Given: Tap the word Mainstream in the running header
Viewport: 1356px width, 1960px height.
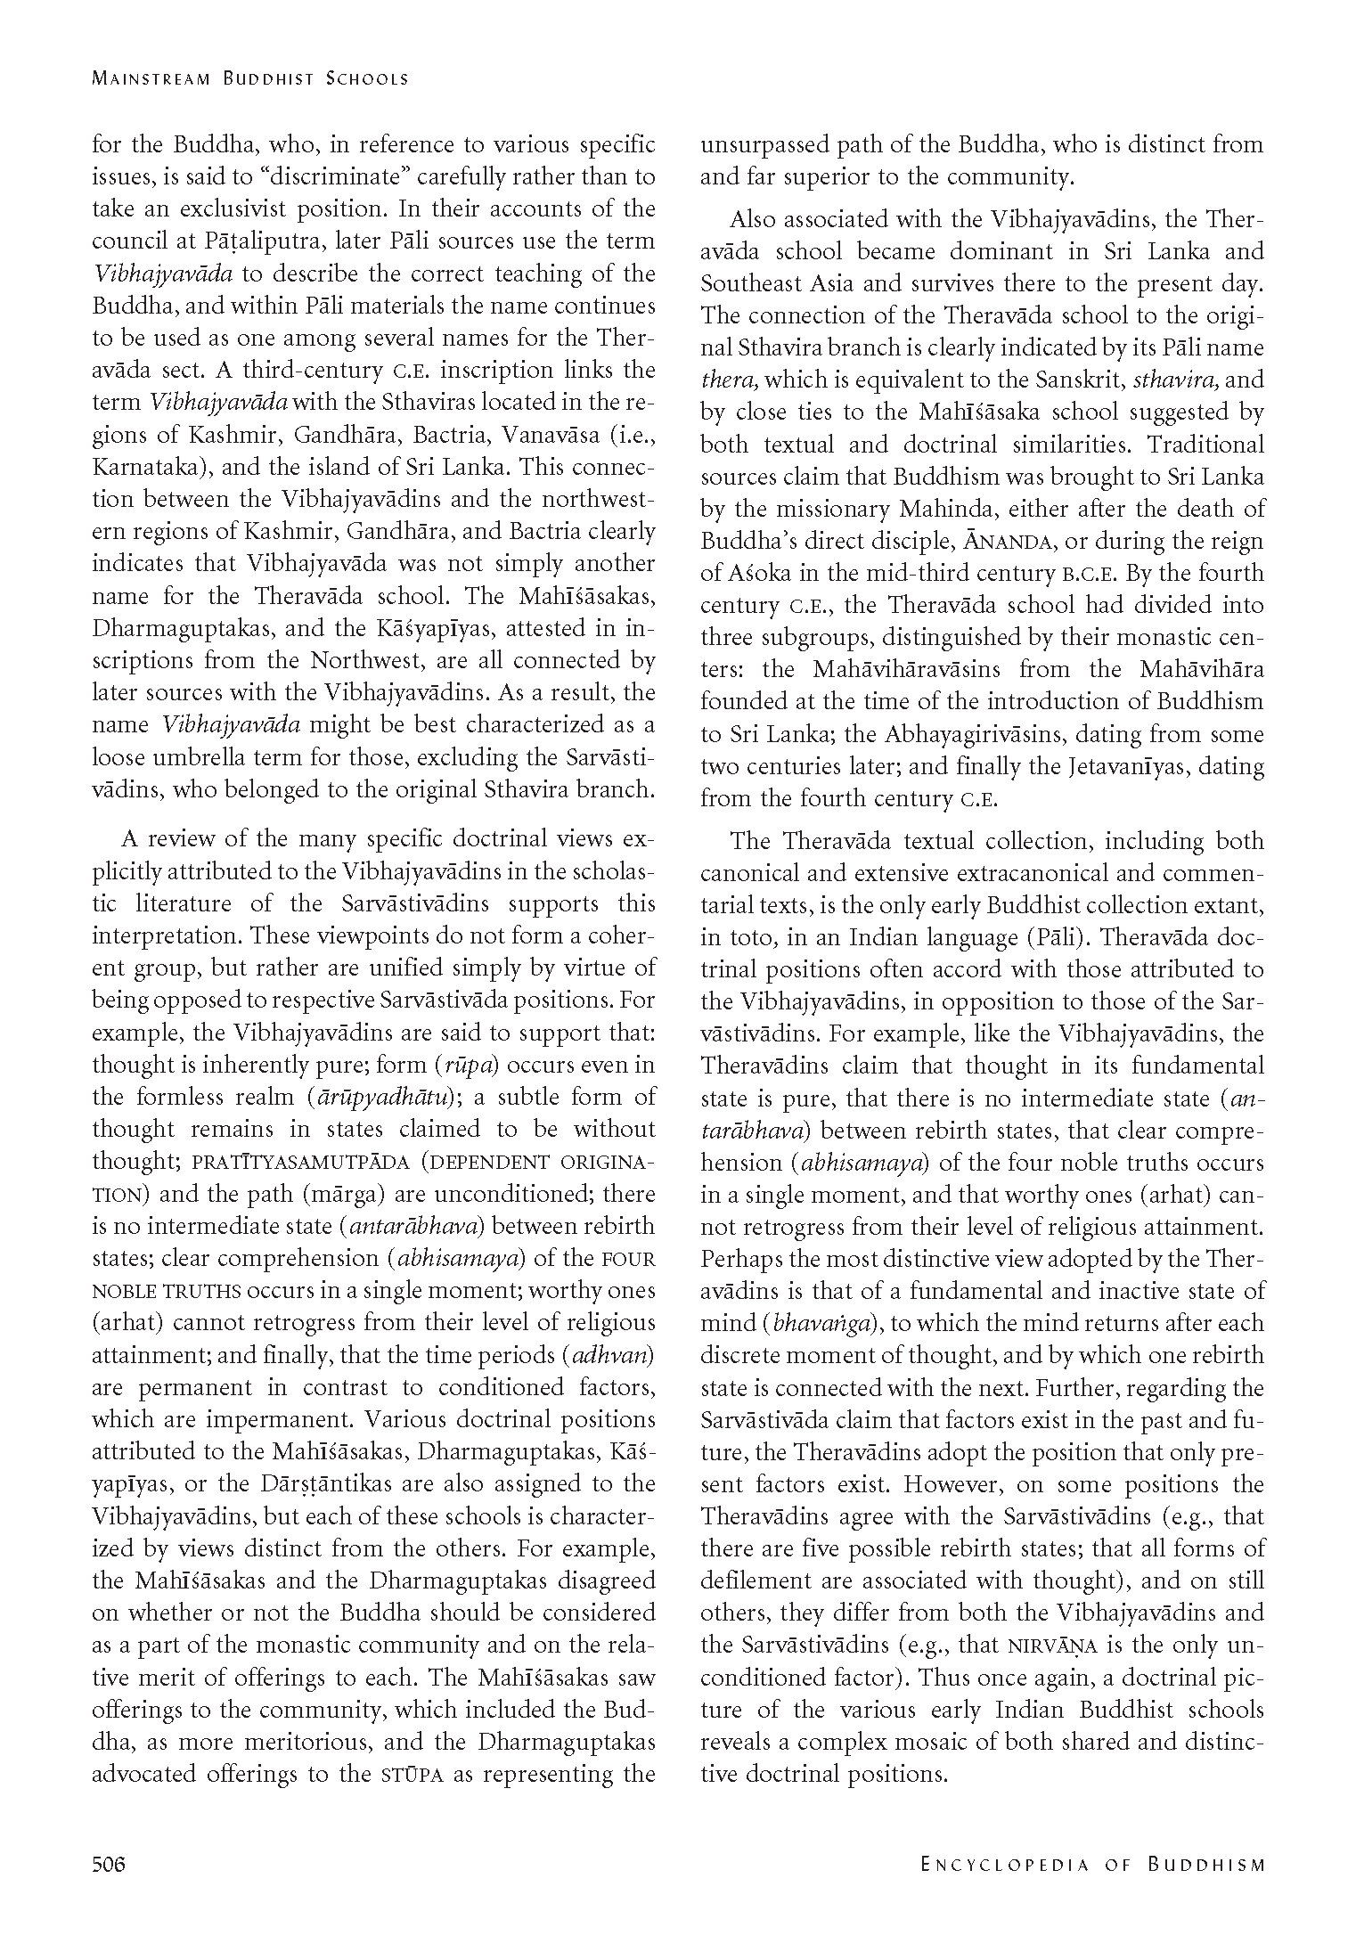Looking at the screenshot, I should point(151,78).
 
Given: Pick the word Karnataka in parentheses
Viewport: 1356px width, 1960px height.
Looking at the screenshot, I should point(140,468).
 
